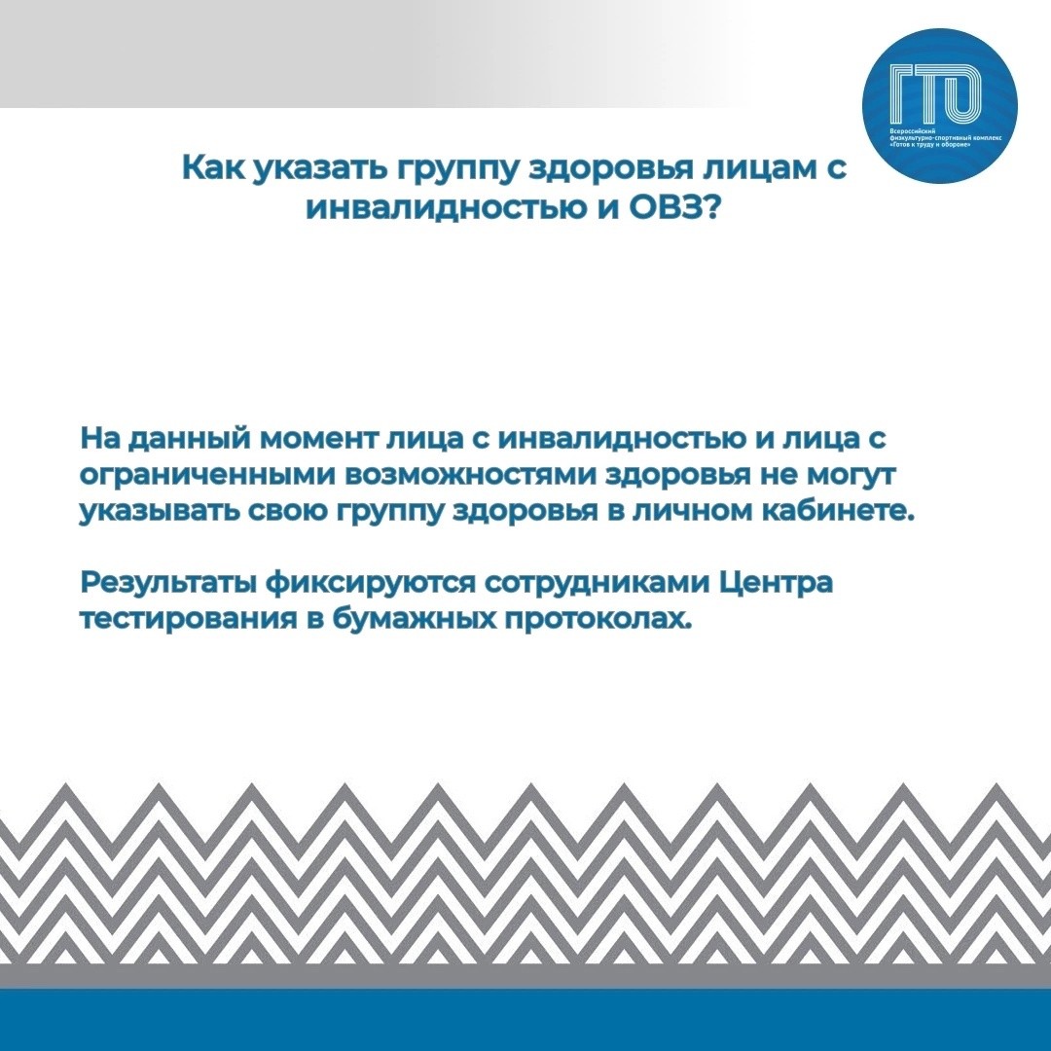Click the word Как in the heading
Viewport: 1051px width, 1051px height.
(214, 167)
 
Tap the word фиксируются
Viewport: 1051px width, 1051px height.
(370, 583)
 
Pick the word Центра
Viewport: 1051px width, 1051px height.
(777, 583)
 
